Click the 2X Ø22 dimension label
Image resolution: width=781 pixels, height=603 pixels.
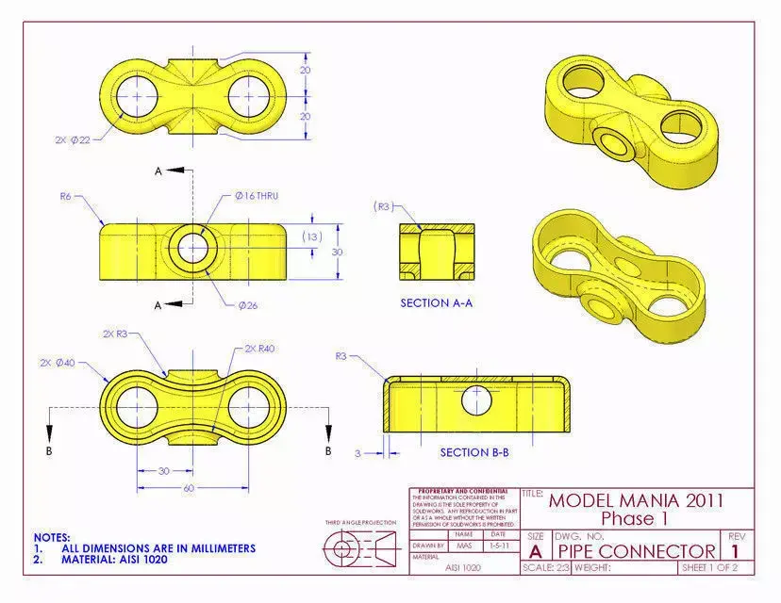click(73, 139)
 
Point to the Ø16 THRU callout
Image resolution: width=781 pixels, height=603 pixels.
click(257, 196)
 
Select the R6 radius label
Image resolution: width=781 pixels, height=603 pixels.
click(65, 197)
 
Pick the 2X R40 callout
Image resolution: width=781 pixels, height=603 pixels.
click(259, 349)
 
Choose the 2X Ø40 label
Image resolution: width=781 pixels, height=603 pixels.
click(58, 362)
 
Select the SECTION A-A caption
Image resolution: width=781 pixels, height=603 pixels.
click(435, 303)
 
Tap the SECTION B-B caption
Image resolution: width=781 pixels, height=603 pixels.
click(474, 452)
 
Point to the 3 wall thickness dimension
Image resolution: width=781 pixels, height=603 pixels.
click(358, 452)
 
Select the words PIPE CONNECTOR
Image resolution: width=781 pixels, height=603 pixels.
click(635, 550)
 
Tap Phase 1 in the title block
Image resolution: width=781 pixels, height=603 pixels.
click(636, 518)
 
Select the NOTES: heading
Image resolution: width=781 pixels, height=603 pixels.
click(51, 537)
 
